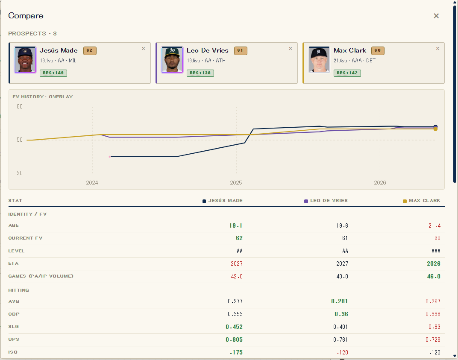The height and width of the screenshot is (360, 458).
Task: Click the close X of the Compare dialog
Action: pyautogui.click(x=436, y=16)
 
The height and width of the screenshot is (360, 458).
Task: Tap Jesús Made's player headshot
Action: pyautogui.click(x=25, y=59)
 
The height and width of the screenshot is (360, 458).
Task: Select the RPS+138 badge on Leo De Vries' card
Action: pyautogui.click(x=200, y=73)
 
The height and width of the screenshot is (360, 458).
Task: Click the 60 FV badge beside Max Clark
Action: pyautogui.click(x=378, y=50)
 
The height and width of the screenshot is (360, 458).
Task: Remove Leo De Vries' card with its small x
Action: pyautogui.click(x=291, y=48)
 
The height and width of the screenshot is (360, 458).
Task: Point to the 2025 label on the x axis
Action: pyautogui.click(x=236, y=182)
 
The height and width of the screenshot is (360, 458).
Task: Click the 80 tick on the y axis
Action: pyautogui.click(x=20, y=107)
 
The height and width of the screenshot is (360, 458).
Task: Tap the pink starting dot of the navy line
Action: pyautogui.click(x=110, y=157)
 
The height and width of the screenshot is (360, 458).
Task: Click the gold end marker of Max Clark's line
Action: pyautogui.click(x=435, y=129)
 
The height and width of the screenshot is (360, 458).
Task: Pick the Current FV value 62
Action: pyautogui.click(x=239, y=238)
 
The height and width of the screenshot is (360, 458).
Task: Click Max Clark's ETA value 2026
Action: pyautogui.click(x=434, y=263)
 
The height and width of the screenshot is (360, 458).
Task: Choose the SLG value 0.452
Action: pyautogui.click(x=234, y=327)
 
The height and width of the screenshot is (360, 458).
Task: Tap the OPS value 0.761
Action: pyautogui.click(x=341, y=340)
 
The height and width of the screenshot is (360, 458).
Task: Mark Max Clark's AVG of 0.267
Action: pyautogui.click(x=433, y=301)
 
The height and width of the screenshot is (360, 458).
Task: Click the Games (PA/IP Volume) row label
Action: pyautogui.click(x=41, y=276)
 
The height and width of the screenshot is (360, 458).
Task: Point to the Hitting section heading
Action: pyautogui.click(x=19, y=290)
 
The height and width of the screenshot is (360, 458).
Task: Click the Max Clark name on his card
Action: pyautogui.click(x=350, y=50)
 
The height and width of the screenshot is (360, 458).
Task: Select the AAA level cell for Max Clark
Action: pyautogui.click(x=436, y=251)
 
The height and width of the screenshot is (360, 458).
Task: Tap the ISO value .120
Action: pyautogui.click(x=342, y=352)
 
